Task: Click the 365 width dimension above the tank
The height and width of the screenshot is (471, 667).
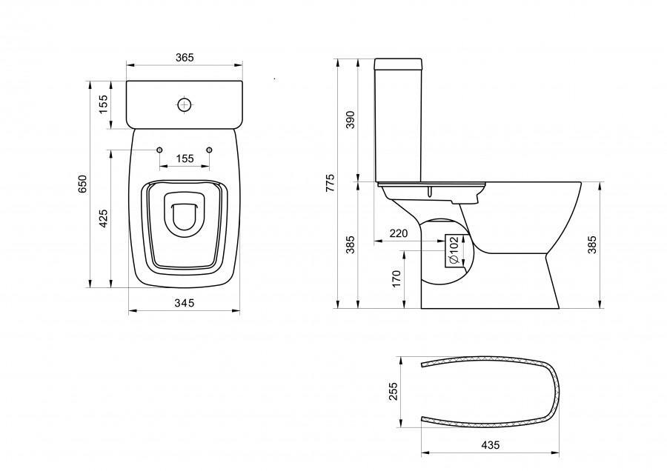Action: tap(185, 57)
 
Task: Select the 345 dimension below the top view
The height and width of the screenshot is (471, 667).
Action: tap(185, 303)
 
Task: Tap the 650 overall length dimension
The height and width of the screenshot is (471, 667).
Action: tap(82, 184)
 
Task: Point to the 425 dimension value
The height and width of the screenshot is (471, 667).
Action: tap(103, 218)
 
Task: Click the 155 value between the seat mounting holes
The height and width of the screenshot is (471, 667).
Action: tap(185, 158)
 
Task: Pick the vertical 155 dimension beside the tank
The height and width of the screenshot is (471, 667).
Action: tap(103, 104)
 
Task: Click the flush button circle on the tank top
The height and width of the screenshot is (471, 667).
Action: tap(185, 104)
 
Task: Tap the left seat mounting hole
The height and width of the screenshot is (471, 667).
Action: tap(159, 150)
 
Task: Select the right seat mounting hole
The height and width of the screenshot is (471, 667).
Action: tap(209, 150)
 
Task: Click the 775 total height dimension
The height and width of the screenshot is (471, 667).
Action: tap(331, 183)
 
